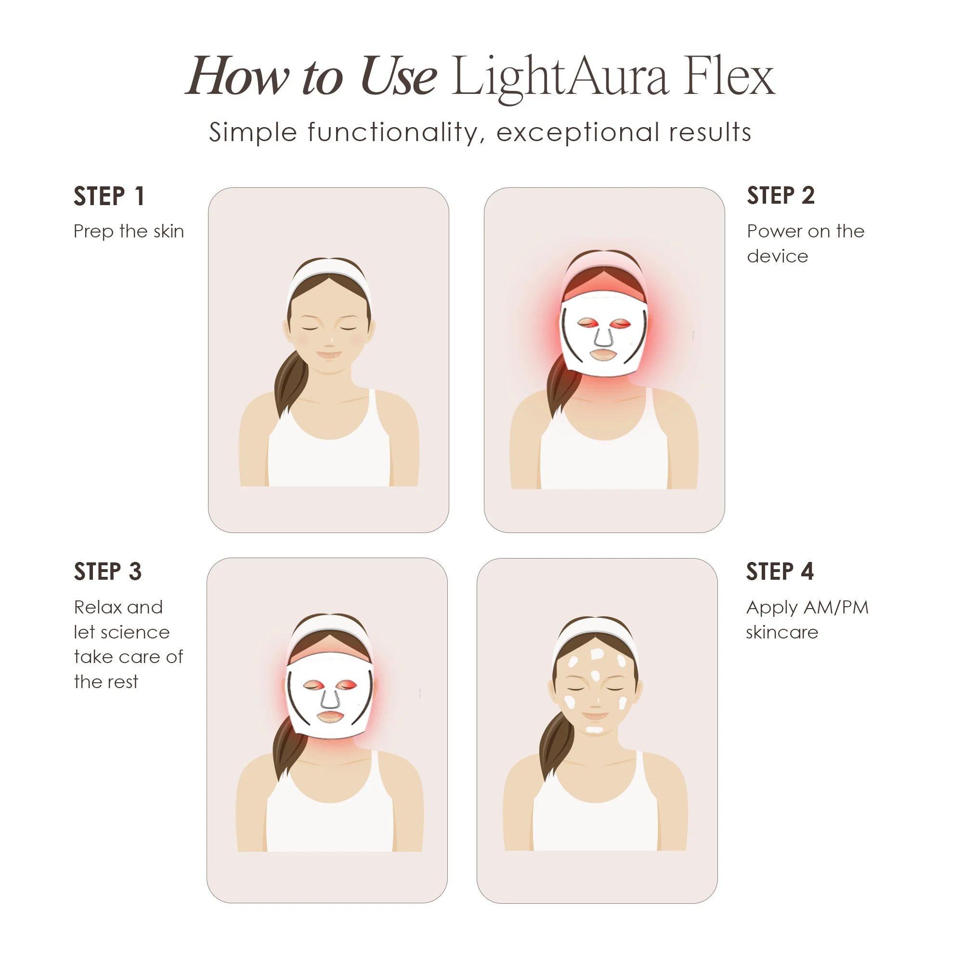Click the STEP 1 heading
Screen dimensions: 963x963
coord(109,196)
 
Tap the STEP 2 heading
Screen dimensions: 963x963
coord(781,195)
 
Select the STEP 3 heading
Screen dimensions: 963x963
coord(108,571)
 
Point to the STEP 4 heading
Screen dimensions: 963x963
coord(780,571)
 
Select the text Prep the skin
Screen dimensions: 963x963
coord(129,231)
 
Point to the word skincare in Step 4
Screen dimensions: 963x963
coord(781,633)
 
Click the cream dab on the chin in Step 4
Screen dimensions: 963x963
coord(594,730)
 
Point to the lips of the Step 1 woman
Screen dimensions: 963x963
coord(329,355)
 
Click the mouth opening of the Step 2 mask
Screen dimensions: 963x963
coord(604,355)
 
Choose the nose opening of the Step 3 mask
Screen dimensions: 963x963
coord(329,699)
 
